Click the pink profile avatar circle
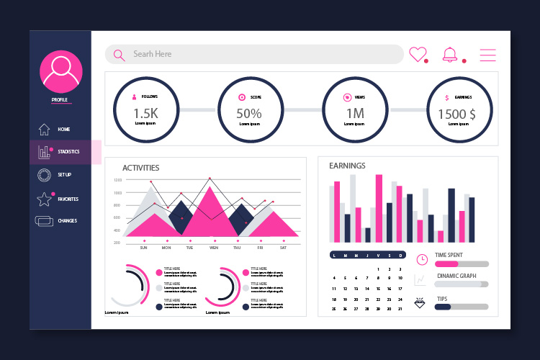[x=61, y=71]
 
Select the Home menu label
[x=64, y=130]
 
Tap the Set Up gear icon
[x=44, y=174]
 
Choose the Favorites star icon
[x=44, y=199]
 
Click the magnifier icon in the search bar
[x=120, y=55]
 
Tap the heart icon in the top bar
[x=418, y=54]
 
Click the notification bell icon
[x=450, y=54]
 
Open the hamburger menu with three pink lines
[x=488, y=55]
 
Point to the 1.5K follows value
[x=145, y=113]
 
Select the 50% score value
[x=249, y=113]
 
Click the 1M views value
[x=355, y=113]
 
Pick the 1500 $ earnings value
[x=457, y=114]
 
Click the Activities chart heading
[x=141, y=168]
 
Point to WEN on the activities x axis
[x=214, y=248]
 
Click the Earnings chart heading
[x=347, y=166]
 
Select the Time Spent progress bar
[x=462, y=264]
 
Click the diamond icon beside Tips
[x=421, y=303]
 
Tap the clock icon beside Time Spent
[x=422, y=259]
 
